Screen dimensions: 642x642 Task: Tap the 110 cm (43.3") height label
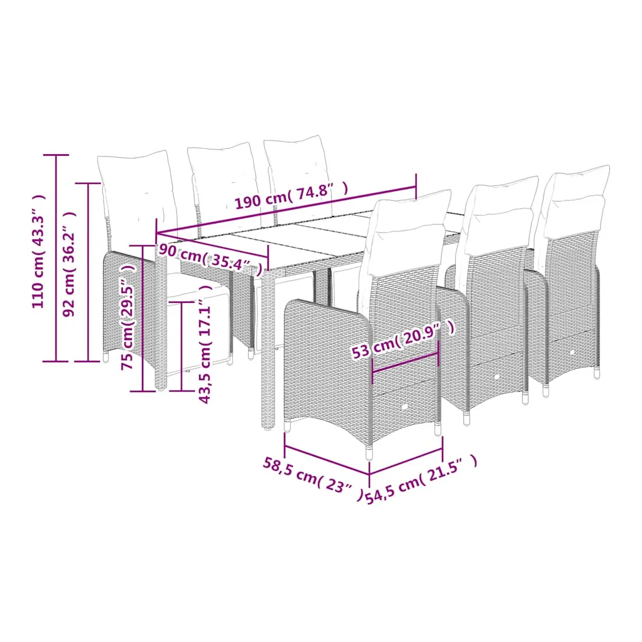[39, 252]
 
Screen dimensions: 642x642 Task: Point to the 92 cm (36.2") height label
[69, 264]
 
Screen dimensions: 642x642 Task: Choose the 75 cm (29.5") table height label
[128, 317]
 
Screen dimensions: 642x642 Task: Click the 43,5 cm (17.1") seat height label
[205, 344]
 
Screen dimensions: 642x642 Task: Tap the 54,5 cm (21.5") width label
[421, 479]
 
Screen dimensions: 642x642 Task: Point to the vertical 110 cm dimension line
[56, 259]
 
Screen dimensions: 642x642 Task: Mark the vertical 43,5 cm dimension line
[182, 346]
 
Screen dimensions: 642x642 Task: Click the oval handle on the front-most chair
[404, 407]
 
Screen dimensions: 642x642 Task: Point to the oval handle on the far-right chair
[572, 352]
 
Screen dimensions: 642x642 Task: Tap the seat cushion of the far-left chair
[197, 291]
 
